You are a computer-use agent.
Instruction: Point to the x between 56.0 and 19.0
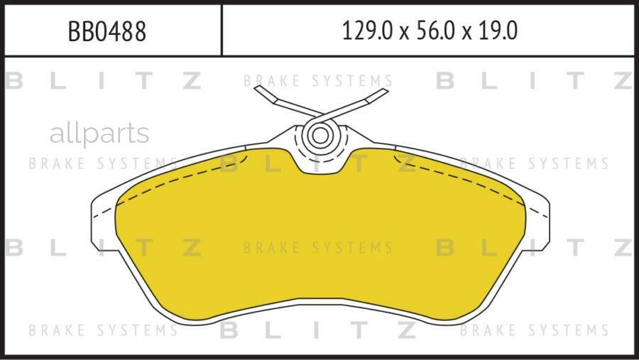pos(464,33)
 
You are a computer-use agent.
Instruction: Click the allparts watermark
pos(99,133)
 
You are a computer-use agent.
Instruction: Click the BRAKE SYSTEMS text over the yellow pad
pos(317,248)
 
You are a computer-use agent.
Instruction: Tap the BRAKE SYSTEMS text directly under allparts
pos(103,164)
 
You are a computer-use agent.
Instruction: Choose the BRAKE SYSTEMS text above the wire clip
pos(317,81)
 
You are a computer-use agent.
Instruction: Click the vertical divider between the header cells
pos(222,31)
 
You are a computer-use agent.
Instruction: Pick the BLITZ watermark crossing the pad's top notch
pos(317,164)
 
